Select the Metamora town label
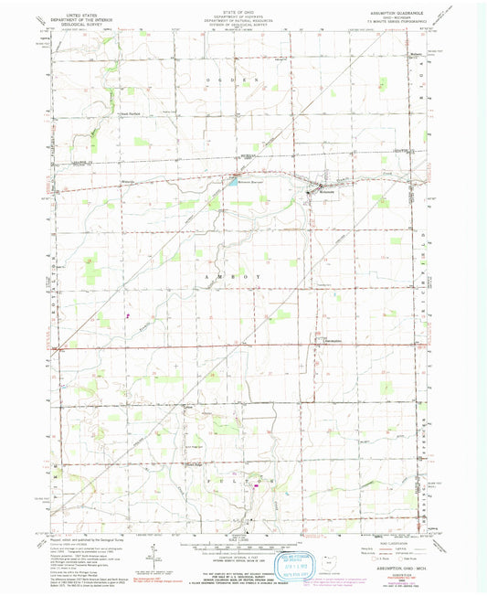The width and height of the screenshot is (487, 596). pyautogui.click(x=326, y=193)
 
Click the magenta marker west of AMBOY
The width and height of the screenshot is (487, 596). pyautogui.click(x=128, y=316)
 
